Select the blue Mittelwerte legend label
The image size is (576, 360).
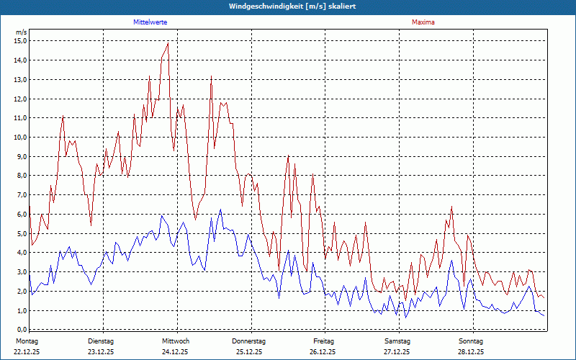click(150, 22)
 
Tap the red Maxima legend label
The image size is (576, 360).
click(423, 22)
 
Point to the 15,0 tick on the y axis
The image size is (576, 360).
click(20, 40)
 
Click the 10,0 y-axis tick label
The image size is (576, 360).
click(20, 137)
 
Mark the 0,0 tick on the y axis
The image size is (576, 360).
click(22, 330)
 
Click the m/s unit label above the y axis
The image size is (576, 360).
click(22, 32)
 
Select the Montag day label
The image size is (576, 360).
click(27, 341)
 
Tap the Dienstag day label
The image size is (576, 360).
click(101, 341)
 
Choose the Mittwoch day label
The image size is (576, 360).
click(175, 341)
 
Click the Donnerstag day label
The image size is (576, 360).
click(249, 341)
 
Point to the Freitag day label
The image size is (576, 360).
click(323, 341)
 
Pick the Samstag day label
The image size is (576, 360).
click(397, 341)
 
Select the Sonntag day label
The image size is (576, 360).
click(471, 341)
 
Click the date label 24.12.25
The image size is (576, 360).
click(175, 352)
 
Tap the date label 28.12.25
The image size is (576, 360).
click(471, 352)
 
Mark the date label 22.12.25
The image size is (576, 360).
click(27, 352)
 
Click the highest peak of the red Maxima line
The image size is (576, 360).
click(168, 43)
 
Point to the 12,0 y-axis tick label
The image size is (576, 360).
click(20, 99)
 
